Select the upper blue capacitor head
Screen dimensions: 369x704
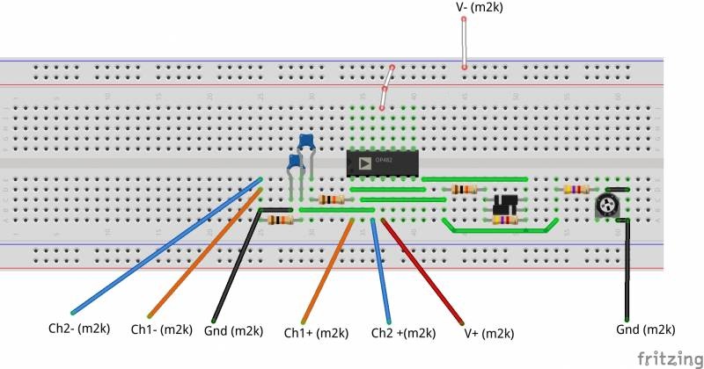coord(307,141)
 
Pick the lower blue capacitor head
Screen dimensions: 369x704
coord(295,163)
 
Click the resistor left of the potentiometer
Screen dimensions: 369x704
coord(576,188)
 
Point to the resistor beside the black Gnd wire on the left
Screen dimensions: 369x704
coord(281,221)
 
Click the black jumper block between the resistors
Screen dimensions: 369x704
coord(503,204)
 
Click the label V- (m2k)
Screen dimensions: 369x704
coord(479,8)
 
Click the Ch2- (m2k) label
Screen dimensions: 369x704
coord(78,329)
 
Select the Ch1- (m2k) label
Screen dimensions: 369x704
coord(161,329)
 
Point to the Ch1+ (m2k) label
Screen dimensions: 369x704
coord(316,333)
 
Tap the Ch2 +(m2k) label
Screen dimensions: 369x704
coord(403,333)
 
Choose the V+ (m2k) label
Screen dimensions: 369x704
coord(488,334)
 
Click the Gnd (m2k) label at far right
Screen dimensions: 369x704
coord(646,329)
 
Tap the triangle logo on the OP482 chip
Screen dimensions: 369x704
coord(364,162)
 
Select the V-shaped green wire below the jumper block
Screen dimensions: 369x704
coord(502,230)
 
